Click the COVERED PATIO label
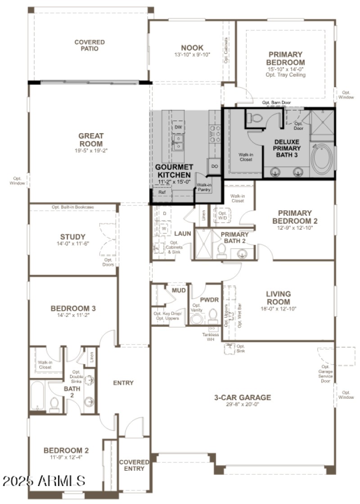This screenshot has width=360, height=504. point(89,45)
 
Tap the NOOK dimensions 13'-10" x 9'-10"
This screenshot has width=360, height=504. point(192,55)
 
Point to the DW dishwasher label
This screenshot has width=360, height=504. point(178,127)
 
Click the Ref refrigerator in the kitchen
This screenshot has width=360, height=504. point(162,192)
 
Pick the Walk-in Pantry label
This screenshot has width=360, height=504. point(204,187)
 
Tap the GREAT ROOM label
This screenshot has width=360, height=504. point(91,140)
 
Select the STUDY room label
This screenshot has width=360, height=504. point(73,237)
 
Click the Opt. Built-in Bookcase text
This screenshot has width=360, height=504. point(73,207)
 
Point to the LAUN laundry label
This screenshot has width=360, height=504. point(183,234)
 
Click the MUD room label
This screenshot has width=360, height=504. point(179,290)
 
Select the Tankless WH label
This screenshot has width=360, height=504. point(211,337)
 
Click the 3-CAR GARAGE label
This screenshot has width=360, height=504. point(243,397)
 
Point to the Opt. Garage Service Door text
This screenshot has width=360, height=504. point(325,374)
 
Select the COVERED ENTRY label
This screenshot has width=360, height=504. point(134,465)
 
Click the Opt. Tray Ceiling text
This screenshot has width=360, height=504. point(285,75)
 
